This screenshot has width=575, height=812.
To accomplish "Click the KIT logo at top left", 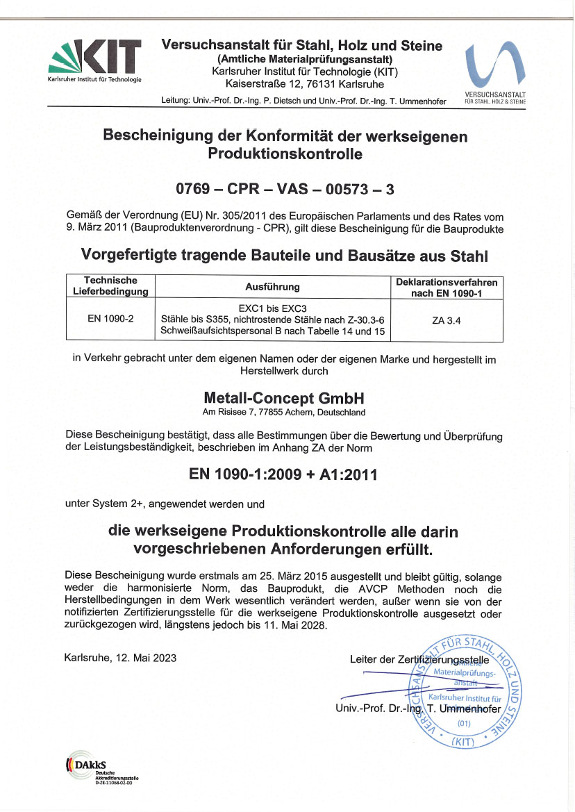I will (94, 59).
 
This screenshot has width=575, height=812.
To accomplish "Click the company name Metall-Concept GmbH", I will (284, 399).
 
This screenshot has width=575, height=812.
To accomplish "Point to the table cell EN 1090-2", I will (110, 319).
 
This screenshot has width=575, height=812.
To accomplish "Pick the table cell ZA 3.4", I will (446, 320).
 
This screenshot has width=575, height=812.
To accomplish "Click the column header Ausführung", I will (272, 286).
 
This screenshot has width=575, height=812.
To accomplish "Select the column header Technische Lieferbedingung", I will (110, 285).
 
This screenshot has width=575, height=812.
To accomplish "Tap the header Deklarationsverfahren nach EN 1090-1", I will (446, 286).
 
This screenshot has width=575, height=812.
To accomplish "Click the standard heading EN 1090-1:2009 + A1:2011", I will (283, 475).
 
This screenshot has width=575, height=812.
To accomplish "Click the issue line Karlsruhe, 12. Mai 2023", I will (120, 657).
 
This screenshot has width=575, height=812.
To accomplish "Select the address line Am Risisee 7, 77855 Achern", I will (284, 413).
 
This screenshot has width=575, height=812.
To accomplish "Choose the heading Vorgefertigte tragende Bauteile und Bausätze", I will (285, 256).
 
